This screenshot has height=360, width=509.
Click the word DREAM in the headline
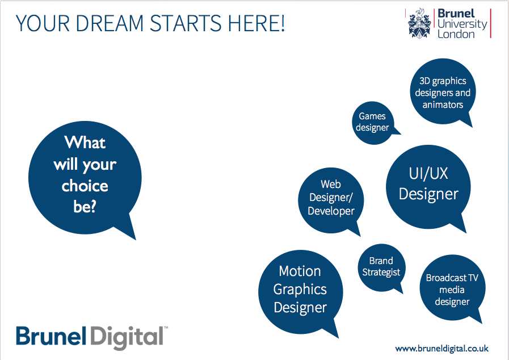110,23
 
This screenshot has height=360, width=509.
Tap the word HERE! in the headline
256,23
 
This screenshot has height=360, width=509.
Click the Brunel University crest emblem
420,23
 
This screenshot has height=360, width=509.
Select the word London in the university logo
456,34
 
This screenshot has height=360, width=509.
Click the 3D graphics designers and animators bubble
443,91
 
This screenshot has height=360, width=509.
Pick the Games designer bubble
373,123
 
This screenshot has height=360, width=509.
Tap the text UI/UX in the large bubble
428,173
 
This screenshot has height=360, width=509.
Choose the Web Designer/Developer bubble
331,200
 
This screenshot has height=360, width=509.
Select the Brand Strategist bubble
381,267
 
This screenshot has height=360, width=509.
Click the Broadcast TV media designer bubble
452,288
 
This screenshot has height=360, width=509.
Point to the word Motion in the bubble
300,271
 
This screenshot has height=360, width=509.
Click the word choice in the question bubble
85,186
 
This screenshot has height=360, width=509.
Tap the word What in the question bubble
85,143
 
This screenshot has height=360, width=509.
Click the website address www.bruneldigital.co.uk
442,349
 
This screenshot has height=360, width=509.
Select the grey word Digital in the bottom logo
127,337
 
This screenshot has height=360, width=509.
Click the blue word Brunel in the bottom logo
51,336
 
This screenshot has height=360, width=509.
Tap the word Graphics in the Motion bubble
300,290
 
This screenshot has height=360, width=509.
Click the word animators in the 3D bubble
443,104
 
